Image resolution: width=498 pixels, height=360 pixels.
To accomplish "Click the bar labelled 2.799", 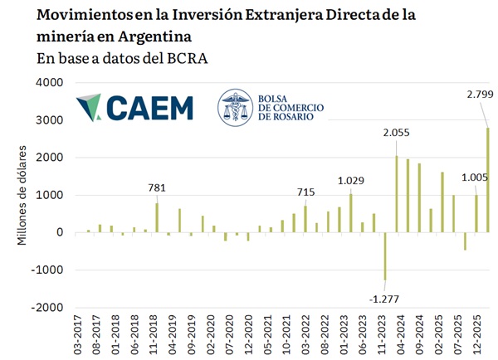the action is tap(488, 180).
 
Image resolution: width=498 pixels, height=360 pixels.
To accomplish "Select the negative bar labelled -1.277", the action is tap(385, 256).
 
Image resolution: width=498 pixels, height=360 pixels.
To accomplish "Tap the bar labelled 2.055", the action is tap(397, 194).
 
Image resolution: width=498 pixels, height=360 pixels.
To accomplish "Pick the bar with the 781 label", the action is tap(157, 218).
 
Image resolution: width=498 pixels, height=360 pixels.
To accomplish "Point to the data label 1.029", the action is tap(350, 181).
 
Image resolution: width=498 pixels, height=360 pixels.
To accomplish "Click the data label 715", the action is tap(305, 192).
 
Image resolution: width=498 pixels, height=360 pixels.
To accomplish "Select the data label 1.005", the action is tap(475, 178).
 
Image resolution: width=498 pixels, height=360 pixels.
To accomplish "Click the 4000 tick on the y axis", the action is tap(50, 83).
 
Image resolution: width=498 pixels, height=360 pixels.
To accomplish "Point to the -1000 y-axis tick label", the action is tap(47, 270).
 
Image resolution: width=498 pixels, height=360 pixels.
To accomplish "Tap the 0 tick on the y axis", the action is tap(60, 232).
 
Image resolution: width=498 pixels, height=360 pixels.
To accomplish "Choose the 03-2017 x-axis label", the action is tap(78, 334).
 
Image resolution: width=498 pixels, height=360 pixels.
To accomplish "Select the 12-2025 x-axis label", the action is tap(477, 334).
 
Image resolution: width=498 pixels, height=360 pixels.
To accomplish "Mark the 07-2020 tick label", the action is tap(230, 334).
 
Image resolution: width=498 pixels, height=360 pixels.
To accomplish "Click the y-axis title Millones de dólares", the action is tap(22, 195).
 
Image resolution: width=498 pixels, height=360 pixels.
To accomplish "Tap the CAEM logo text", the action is tap(150, 108).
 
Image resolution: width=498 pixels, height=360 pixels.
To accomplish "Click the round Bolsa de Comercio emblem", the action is tap(236, 107).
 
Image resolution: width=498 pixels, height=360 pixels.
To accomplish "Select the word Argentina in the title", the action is tap(154, 36).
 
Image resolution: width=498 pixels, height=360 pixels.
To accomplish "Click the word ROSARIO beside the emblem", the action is tap(293, 116).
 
